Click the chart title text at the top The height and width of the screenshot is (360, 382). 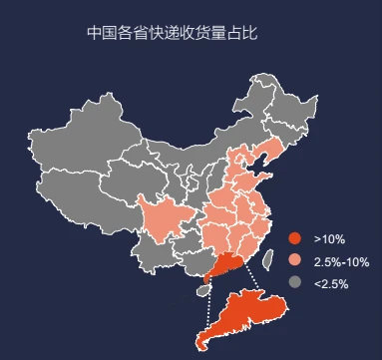pos(172,33)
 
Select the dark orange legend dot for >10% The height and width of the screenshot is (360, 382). pos(294,239)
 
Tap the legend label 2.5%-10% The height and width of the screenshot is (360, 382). pos(341,261)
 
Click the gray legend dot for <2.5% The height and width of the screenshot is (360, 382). pos(294,283)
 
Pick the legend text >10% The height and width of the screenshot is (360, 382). pos(329,239)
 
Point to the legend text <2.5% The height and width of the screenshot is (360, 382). pos(331,283)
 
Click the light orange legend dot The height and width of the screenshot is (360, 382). pos(294,261)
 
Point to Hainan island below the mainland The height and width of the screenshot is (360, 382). pos(204,289)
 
